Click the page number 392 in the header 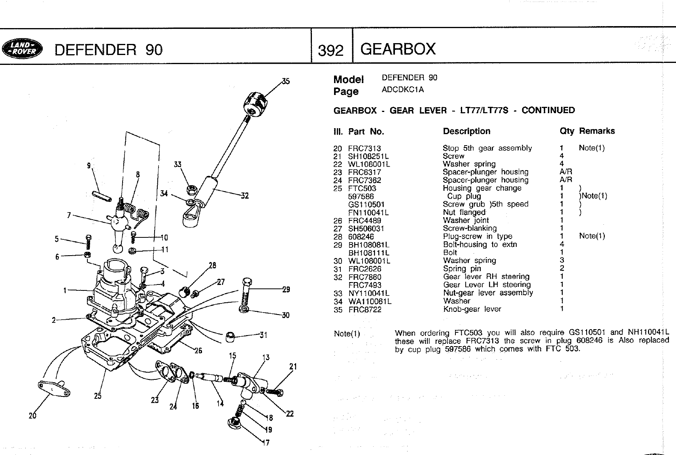point(330,50)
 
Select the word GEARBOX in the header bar point(398,49)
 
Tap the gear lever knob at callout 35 point(255,103)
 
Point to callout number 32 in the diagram point(245,195)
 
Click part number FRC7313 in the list point(364,148)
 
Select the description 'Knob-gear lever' point(472,309)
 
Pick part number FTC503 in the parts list point(362,188)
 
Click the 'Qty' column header point(566,131)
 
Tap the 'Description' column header point(466,131)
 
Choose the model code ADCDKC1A point(402,90)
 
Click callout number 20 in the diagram point(32,415)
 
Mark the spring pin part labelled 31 point(230,337)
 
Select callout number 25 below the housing point(98,395)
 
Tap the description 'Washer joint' point(465,220)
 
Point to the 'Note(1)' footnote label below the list point(347,334)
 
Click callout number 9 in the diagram point(89,166)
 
